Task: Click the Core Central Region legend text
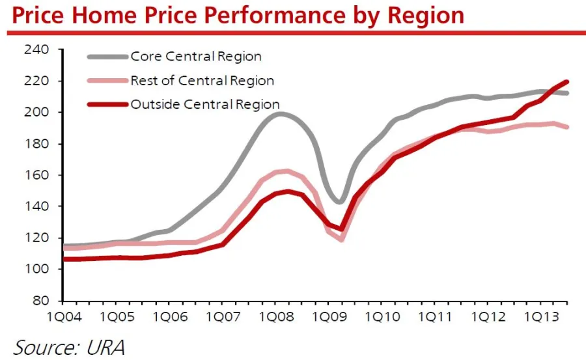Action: click(x=196, y=57)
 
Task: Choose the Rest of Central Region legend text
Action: click(x=202, y=81)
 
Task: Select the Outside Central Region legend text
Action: click(x=205, y=104)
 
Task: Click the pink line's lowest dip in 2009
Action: click(x=341, y=240)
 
